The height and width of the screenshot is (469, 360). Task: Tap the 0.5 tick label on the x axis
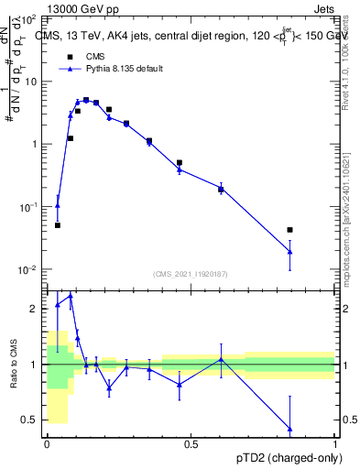(x=191, y=443)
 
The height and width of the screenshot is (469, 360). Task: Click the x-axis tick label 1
(x=335, y=443)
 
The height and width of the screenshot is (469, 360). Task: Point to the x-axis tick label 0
(x=47, y=443)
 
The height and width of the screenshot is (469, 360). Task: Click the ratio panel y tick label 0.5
(x=32, y=420)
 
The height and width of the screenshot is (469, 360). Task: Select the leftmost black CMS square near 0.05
(x=58, y=224)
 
